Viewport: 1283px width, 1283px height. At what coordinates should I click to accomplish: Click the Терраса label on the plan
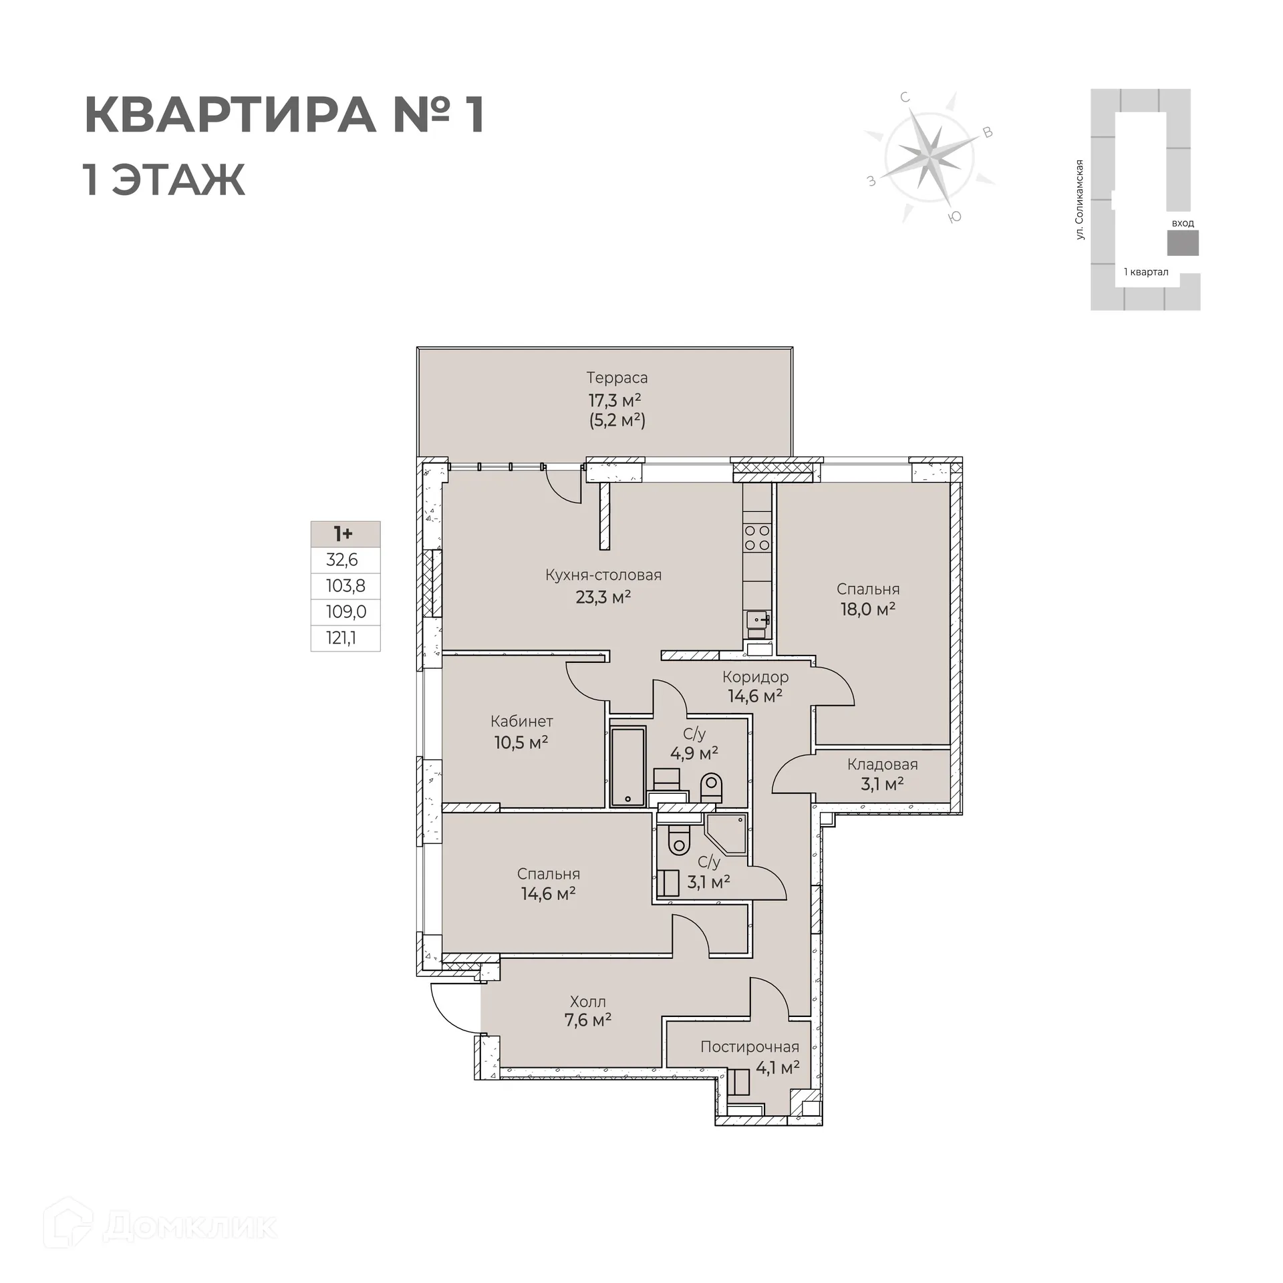click(x=617, y=378)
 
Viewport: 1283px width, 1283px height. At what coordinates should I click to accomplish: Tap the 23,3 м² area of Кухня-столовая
click(x=603, y=597)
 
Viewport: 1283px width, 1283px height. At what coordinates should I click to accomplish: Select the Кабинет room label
click(x=522, y=722)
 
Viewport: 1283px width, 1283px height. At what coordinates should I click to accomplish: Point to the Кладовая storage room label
click(x=882, y=764)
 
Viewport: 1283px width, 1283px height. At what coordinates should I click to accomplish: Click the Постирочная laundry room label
click(x=750, y=1047)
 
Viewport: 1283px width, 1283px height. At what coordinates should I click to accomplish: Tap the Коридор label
click(x=755, y=677)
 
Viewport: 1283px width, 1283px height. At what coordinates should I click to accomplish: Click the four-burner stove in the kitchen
click(x=757, y=538)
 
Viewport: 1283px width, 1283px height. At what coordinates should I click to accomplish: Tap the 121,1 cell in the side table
click(x=341, y=638)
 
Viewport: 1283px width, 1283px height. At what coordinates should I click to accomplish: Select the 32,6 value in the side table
click(x=342, y=560)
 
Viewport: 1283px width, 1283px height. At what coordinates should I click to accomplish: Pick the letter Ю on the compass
click(x=956, y=217)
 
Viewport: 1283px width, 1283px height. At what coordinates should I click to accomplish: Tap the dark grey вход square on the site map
click(x=1183, y=243)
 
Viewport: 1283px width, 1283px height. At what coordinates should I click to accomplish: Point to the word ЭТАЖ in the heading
click(x=178, y=180)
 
